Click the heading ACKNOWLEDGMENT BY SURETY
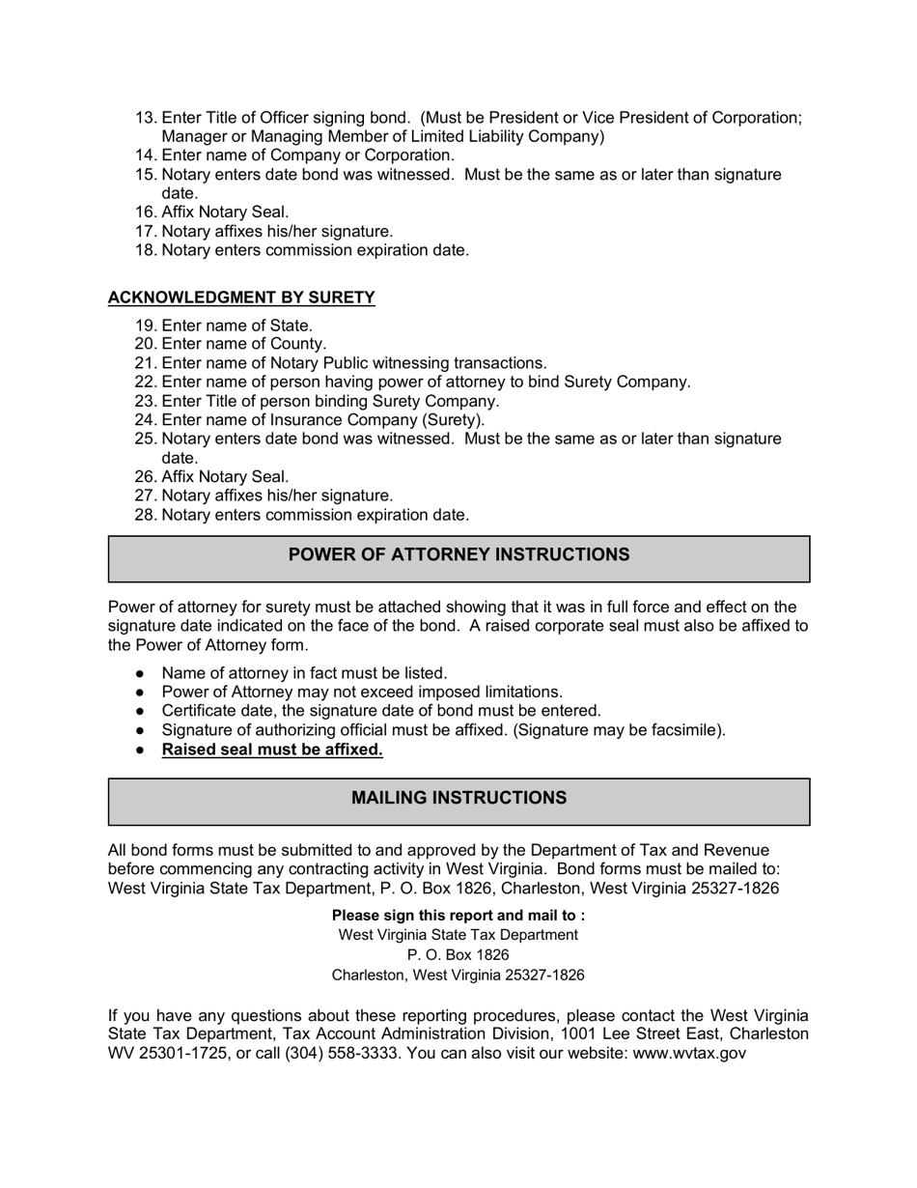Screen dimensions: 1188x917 click(241, 297)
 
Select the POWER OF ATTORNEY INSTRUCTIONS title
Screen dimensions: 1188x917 click(458, 554)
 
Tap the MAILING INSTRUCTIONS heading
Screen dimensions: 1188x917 click(458, 798)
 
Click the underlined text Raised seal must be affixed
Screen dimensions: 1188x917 click(272, 750)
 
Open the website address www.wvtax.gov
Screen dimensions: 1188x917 click(688, 1053)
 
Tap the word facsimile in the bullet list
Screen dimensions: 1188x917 click(684, 730)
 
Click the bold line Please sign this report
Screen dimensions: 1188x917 click(458, 915)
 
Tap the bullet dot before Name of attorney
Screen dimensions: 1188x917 click(140, 673)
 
